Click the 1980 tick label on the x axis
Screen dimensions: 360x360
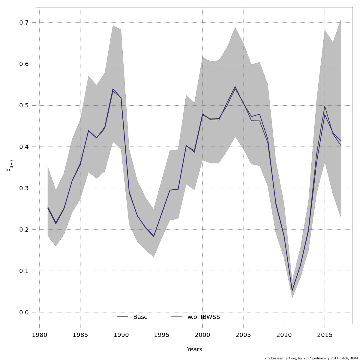(x=39, y=335)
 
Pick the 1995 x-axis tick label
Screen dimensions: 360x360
(x=162, y=335)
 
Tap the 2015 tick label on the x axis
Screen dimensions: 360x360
(x=325, y=335)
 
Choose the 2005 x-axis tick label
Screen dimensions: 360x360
(x=243, y=335)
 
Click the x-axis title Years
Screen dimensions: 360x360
(x=194, y=349)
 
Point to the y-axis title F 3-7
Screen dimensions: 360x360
(x=10, y=166)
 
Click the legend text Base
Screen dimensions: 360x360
(x=140, y=317)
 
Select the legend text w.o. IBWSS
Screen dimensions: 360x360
(x=204, y=317)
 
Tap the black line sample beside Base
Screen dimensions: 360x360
(x=122, y=317)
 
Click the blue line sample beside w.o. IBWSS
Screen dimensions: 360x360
(x=177, y=317)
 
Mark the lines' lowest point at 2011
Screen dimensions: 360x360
(x=292, y=291)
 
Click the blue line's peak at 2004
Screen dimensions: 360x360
(x=235, y=86)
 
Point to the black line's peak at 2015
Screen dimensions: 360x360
(x=325, y=106)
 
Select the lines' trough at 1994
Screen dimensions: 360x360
(x=154, y=236)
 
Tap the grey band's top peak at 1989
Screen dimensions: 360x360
(x=113, y=25)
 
